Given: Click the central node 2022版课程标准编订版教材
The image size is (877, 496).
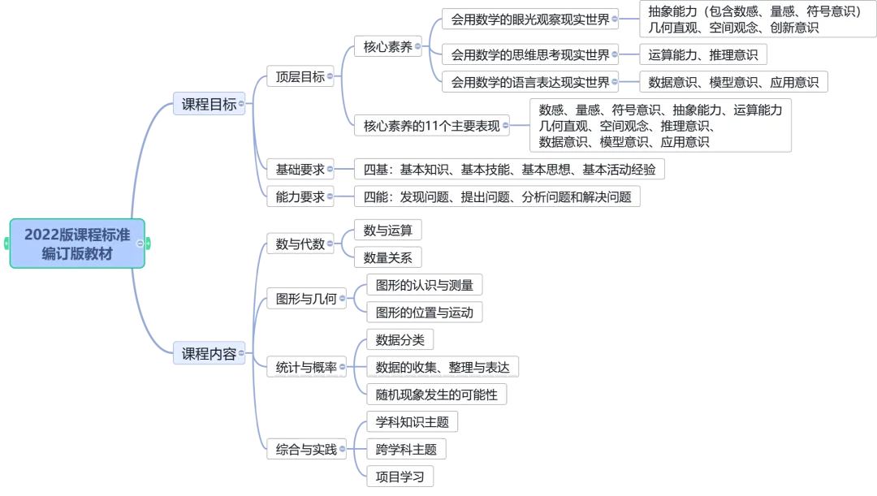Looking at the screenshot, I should pyautogui.click(x=77, y=244).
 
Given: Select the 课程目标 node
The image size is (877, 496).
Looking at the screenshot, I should pyautogui.click(x=209, y=104).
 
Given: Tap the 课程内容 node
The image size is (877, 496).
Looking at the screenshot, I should pyautogui.click(x=209, y=354).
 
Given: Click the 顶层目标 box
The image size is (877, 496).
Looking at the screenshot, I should pyautogui.click(x=300, y=77).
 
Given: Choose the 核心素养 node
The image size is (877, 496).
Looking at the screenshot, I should pyautogui.click(x=387, y=46).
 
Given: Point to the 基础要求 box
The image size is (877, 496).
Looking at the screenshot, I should pyautogui.click(x=300, y=170).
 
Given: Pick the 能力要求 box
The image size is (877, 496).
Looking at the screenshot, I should pyautogui.click(x=300, y=196).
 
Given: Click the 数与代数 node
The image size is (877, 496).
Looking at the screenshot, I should pyautogui.click(x=300, y=244).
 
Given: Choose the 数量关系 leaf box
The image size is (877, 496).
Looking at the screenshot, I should pyautogui.click(x=387, y=258).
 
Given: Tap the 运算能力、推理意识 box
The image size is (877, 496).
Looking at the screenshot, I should pyautogui.click(x=702, y=55).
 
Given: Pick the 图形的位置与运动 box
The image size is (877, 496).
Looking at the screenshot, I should pyautogui.click(x=425, y=313).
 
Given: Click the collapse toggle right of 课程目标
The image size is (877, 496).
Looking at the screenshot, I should pyautogui.click(x=242, y=104).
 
